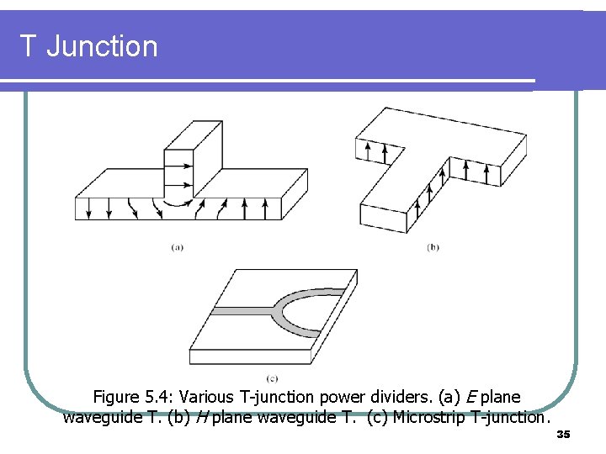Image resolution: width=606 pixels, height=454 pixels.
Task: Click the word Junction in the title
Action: (x=102, y=45)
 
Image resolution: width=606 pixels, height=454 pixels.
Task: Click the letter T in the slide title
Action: (x=29, y=45)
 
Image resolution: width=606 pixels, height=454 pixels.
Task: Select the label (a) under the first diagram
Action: (x=178, y=246)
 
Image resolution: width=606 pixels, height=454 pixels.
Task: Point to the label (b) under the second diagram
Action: (x=433, y=246)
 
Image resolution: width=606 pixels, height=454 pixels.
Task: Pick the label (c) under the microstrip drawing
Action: (x=272, y=378)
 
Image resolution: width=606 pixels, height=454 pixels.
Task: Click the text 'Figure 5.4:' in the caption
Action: (x=132, y=397)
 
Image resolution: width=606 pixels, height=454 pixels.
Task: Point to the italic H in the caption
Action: (x=202, y=417)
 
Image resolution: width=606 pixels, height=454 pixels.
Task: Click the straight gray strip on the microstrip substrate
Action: (x=240, y=310)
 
